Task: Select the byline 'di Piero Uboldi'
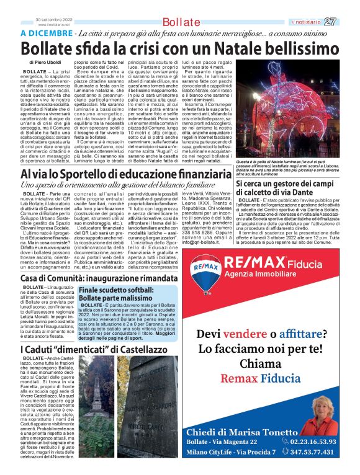point(45,63)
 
